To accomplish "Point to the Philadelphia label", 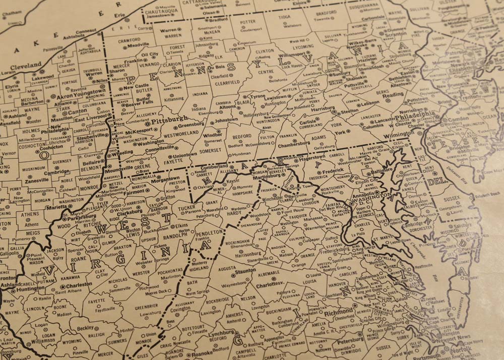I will [x=415, y=115].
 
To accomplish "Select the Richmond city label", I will [x=338, y=313].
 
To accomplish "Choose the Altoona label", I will [x=227, y=107].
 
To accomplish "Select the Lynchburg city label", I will [x=222, y=333].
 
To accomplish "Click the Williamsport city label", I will [x=292, y=54].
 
